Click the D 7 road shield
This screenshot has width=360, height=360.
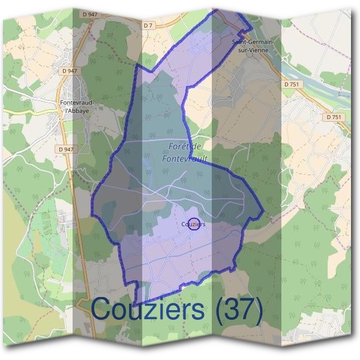(x=149, y=25)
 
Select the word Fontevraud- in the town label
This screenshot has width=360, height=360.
(x=77, y=103)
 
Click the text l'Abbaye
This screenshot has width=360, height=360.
(x=77, y=110)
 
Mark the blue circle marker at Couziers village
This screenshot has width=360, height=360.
(x=194, y=224)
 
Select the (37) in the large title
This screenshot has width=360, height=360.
(x=233, y=310)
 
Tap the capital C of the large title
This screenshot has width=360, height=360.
(x=104, y=310)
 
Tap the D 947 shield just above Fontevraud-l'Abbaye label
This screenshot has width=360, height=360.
(x=69, y=71)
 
